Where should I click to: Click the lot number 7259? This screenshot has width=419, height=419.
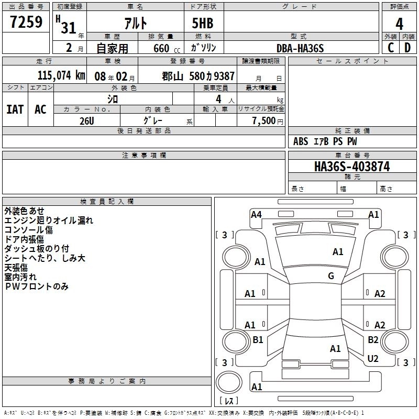[26, 24]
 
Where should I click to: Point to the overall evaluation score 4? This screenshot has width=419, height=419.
[399, 25]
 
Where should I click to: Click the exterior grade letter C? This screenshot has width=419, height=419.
[390, 48]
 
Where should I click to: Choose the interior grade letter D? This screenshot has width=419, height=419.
[407, 48]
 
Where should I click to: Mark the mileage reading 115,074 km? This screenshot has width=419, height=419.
[61, 75]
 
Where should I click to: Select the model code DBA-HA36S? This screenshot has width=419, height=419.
[300, 48]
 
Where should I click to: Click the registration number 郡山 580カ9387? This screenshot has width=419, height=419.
[199, 76]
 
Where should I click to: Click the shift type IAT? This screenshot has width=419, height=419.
[15, 109]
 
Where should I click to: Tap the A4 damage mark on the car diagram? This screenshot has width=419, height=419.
[256, 214]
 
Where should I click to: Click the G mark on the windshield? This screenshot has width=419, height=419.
[331, 276]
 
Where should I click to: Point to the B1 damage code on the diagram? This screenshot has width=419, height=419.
[258, 340]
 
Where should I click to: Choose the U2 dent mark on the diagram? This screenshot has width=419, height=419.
[373, 359]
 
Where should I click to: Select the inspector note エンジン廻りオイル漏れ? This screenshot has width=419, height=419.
[49, 220]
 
